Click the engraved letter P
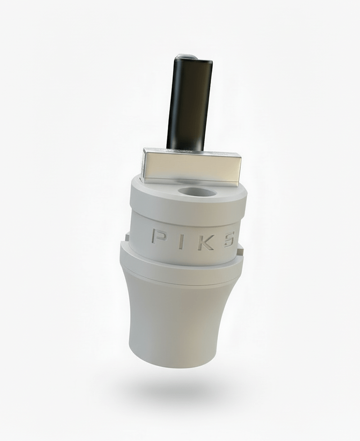click(x=157, y=236)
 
